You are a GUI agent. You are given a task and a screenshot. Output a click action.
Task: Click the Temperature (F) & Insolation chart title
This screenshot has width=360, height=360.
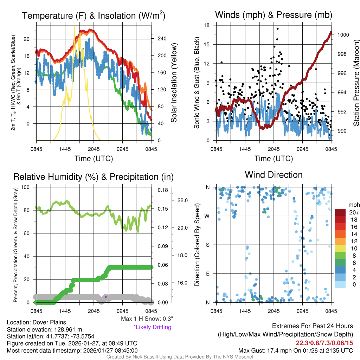94,15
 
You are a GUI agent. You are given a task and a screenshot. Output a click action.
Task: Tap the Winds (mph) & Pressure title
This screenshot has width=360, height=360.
274,15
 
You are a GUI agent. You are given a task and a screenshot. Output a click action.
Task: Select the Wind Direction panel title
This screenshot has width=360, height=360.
274,175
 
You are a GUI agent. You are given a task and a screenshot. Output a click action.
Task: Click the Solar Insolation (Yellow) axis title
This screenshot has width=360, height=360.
174,83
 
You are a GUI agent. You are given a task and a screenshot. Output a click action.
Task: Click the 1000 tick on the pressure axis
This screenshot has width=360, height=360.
343,35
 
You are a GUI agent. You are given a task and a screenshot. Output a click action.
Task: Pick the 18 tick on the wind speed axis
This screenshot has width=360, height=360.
207,25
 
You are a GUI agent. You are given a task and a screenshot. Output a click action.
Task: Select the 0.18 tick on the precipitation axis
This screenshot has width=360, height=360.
162,190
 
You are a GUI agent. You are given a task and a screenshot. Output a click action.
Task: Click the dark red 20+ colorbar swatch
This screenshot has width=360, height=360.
341,212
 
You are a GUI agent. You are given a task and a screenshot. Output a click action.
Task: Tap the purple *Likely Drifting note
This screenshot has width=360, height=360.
152,327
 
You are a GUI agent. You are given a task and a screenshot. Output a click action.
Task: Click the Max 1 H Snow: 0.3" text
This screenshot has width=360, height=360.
147,319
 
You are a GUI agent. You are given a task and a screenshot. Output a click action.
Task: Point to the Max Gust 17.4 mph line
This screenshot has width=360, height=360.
296,351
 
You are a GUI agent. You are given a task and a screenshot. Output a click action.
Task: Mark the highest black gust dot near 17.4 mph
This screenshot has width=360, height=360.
277,29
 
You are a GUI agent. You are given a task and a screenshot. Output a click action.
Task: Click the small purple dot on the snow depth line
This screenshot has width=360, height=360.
105,297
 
